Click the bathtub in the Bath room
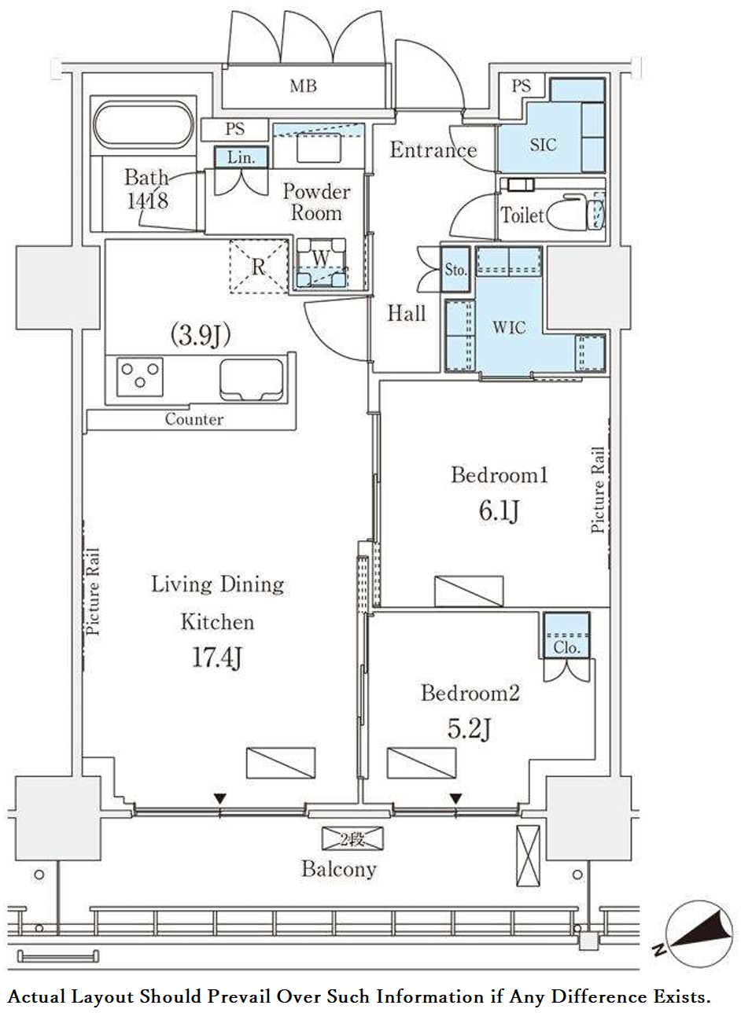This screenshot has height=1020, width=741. pos(142,124)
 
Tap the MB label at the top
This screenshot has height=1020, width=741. pos(304,86)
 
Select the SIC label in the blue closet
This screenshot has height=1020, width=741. pos(544,145)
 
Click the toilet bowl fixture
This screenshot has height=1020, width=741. pos(575,212)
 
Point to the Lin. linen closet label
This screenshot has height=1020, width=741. pos(241,157)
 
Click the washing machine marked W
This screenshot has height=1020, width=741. pos(321,263)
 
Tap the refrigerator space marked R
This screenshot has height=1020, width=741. pos(259,267)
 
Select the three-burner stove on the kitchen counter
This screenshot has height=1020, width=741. pos(140,377)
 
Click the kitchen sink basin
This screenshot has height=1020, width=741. pos(252,380)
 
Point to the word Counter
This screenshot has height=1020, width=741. pos(194,419)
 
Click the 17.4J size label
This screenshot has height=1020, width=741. pos(217,658)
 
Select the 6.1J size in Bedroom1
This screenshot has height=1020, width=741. pos(499,511)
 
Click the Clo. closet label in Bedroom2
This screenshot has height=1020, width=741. pos(566,647)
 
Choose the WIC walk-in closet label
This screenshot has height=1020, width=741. pos(509,327)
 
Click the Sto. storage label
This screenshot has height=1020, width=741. pos(455,270)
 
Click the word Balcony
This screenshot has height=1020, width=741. pos(339,869)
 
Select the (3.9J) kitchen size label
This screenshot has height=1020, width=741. pos(201,336)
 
